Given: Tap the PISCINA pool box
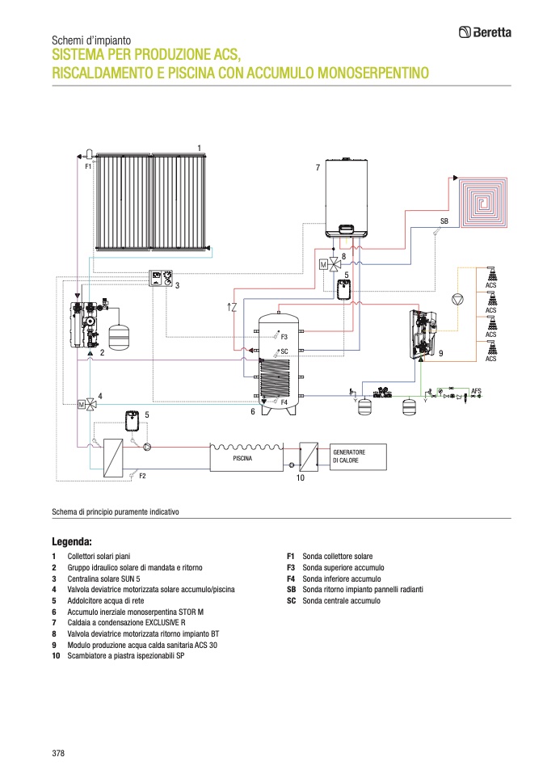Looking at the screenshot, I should pyautogui.click(x=242, y=457).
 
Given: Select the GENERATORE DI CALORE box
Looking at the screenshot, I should pyautogui.click(x=357, y=456).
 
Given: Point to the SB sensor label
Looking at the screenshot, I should pyautogui.click(x=444, y=220).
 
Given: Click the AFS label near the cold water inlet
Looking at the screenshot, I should pyautogui.click(x=476, y=389).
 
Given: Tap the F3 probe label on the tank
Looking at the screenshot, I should pyautogui.click(x=284, y=335).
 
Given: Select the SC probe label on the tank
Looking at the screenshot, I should pyautogui.click(x=284, y=351).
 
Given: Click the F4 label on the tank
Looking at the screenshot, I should pyautogui.click(x=284, y=402).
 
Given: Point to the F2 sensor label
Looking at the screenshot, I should pyautogui.click(x=142, y=476).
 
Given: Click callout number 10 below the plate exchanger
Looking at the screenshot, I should pyautogui.click(x=300, y=478).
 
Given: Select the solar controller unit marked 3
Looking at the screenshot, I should pyautogui.click(x=159, y=280).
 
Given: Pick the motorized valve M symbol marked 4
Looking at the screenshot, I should pyautogui.click(x=83, y=403).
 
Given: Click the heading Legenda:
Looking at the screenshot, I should pyautogui.click(x=72, y=541).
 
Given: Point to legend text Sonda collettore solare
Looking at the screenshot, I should pyautogui.click(x=337, y=557).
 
